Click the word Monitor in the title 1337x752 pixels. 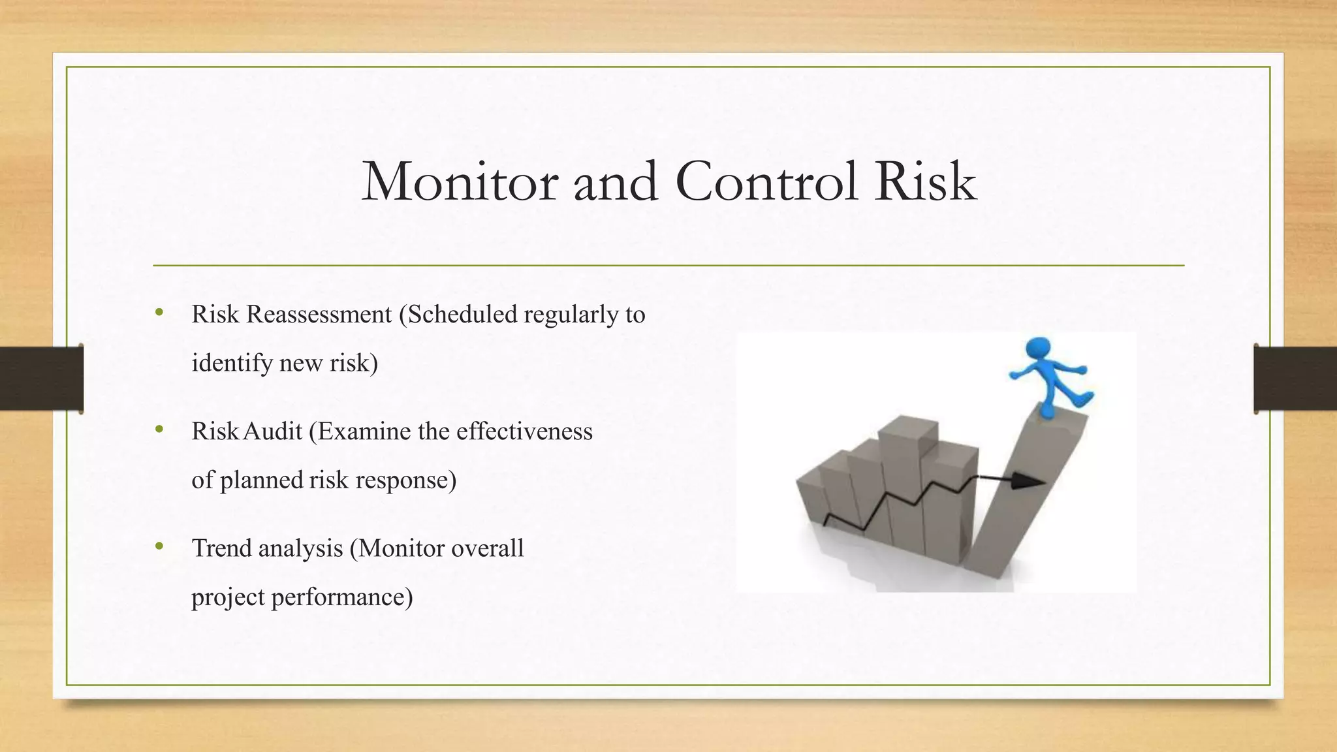(459, 182)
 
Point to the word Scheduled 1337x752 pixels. (462, 315)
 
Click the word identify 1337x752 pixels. (232, 364)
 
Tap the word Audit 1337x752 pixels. (273, 431)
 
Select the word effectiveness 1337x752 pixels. (524, 431)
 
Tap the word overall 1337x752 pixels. (487, 548)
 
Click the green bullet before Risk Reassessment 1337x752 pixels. (159, 313)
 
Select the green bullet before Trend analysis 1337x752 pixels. (159, 546)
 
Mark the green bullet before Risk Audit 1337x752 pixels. (159, 430)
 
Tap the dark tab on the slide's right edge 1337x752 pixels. (1295, 379)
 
